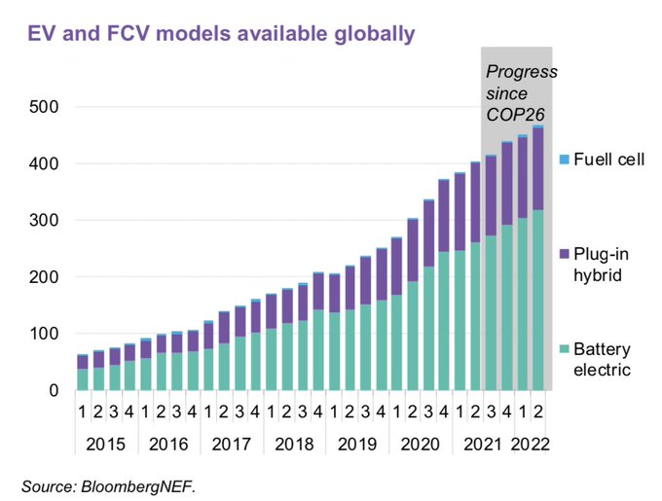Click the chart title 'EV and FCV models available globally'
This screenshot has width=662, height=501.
(x=221, y=34)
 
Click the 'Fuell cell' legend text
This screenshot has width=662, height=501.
(x=610, y=159)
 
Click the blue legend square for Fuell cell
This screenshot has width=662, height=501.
(x=564, y=159)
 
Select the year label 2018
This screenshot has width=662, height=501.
(x=294, y=445)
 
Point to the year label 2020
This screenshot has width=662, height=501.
(x=421, y=445)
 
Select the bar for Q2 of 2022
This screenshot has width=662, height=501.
(x=538, y=259)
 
